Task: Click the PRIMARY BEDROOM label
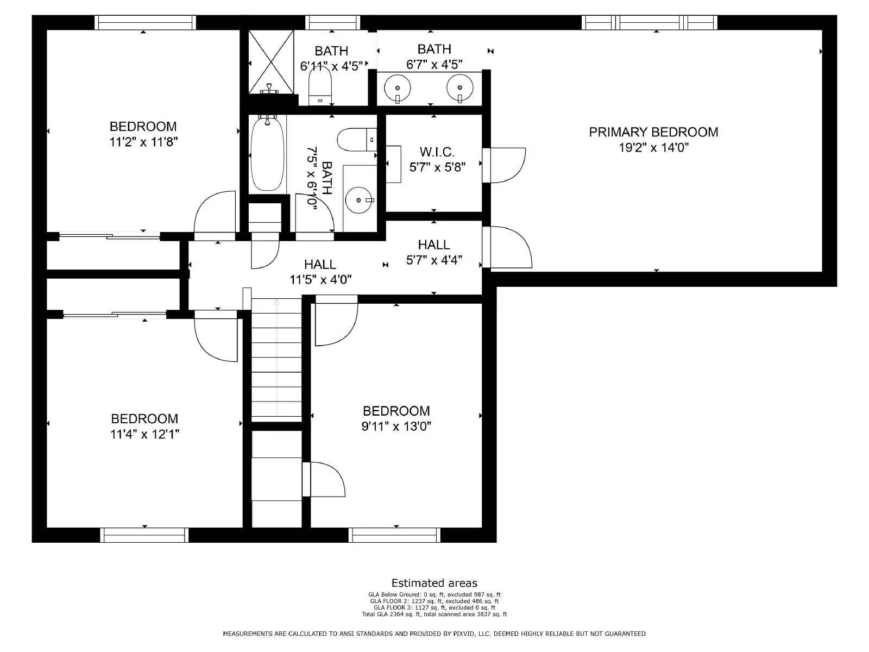[x=653, y=132]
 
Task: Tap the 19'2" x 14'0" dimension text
[x=653, y=147]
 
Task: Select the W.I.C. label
[x=437, y=152]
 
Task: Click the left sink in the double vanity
[x=399, y=87]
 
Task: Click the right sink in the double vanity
[x=460, y=87]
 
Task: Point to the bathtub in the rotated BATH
[x=267, y=155]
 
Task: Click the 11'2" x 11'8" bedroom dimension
[x=143, y=142]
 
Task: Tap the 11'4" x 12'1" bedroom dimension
[x=144, y=434]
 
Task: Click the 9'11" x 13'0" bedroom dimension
[x=396, y=426]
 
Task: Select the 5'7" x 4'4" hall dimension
[x=434, y=260]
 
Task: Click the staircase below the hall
[x=276, y=359]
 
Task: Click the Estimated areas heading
[x=434, y=584]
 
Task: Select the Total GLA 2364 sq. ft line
[x=434, y=615]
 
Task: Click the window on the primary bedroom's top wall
[x=649, y=22]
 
